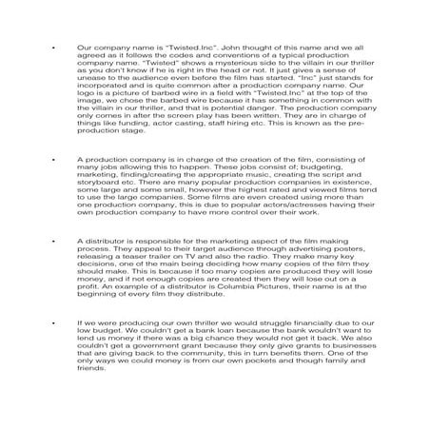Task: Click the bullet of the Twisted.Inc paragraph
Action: pyautogui.click(x=56, y=46)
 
